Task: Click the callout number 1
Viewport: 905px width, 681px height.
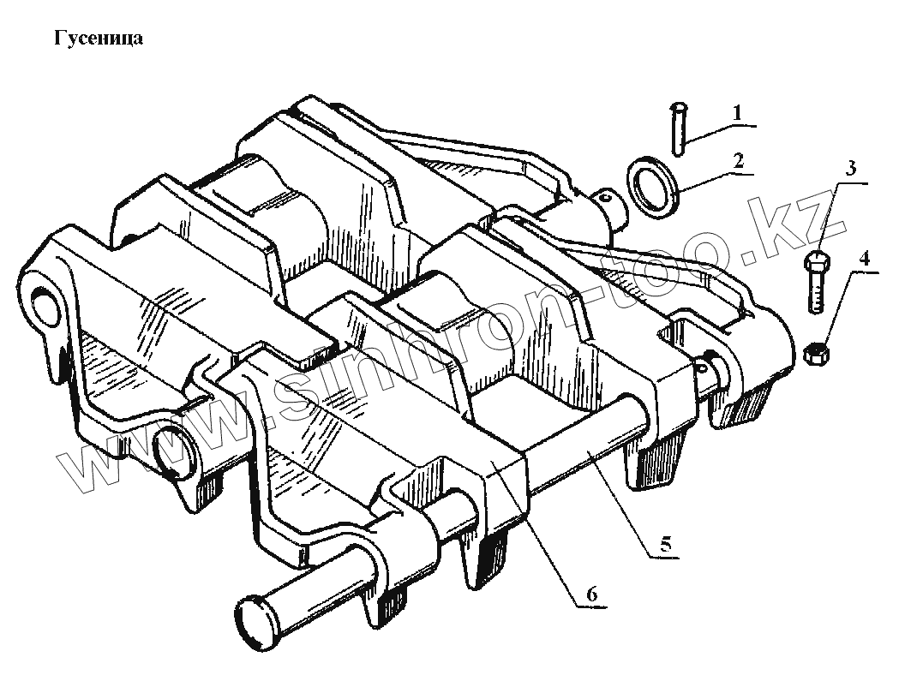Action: [736, 111]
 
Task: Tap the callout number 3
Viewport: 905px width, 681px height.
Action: [850, 168]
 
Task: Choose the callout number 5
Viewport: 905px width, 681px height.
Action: [664, 542]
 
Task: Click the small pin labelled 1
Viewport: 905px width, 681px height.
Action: [679, 128]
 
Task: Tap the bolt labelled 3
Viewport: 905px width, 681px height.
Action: [816, 283]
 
